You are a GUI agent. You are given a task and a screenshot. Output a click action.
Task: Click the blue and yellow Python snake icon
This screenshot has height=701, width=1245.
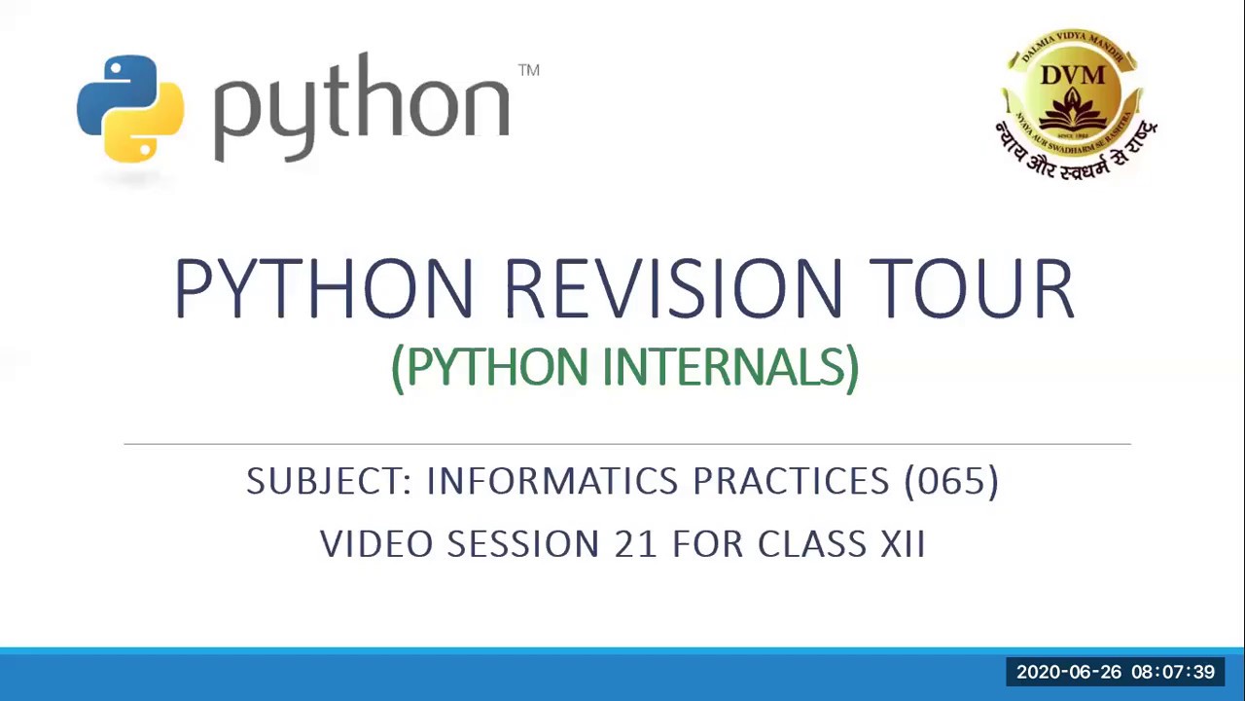pos(130,108)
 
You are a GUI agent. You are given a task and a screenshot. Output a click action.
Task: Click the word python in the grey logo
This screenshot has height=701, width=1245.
pos(361,107)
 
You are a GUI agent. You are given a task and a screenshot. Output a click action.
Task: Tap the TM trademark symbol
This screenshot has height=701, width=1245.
pos(528,70)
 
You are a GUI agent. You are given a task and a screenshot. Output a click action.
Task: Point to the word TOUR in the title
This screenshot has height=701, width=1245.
pos(971,289)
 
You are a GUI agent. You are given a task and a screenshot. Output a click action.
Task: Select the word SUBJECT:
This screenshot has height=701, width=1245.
pos(330,481)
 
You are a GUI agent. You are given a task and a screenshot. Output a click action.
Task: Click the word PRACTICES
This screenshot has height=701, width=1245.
pos(791,481)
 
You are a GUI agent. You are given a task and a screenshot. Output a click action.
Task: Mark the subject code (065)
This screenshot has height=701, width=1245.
pos(950,481)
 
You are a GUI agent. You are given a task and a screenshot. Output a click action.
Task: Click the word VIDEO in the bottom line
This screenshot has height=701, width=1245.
pos(375,543)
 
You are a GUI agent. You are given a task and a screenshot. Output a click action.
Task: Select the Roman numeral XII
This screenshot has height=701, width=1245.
pos(903,543)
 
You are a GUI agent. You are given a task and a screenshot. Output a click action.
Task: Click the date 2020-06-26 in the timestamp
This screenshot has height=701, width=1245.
pos(1068,672)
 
